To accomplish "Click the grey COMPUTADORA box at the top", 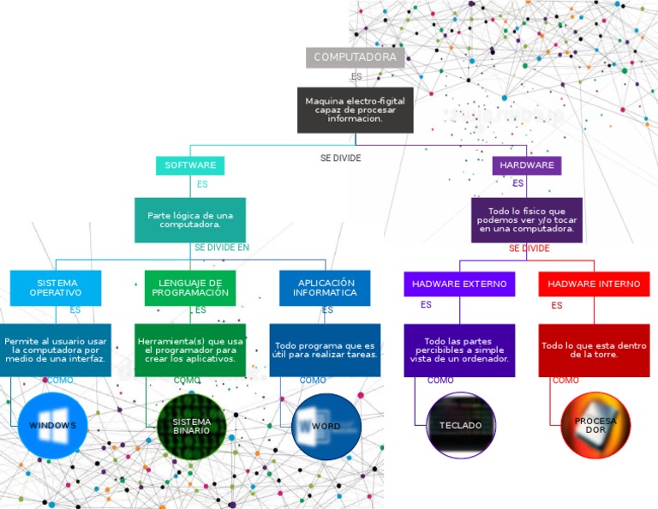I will point(355,57).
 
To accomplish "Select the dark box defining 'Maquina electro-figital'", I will point(356,110).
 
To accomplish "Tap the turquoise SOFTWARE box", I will point(190,165).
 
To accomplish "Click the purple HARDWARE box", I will point(527,165).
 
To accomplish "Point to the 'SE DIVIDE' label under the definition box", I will point(340,159).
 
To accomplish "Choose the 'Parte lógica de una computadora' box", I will point(190,220).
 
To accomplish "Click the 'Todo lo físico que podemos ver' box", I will point(527,220).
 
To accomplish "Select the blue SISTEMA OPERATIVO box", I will point(56,288).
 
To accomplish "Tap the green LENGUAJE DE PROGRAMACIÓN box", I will point(190,288).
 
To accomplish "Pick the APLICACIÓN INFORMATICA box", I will point(325,288).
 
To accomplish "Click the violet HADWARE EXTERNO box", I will point(459,284).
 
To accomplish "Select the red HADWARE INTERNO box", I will point(594,284).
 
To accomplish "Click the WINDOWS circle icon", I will point(52,426).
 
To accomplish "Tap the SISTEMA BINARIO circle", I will point(191,426).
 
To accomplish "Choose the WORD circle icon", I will point(326,426).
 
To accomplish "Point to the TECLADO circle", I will point(461,426).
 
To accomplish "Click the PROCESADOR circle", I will point(595,426).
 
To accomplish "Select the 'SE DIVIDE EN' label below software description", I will point(221,248).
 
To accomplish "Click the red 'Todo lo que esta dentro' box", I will point(594,350).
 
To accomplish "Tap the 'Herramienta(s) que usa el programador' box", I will point(190,350).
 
